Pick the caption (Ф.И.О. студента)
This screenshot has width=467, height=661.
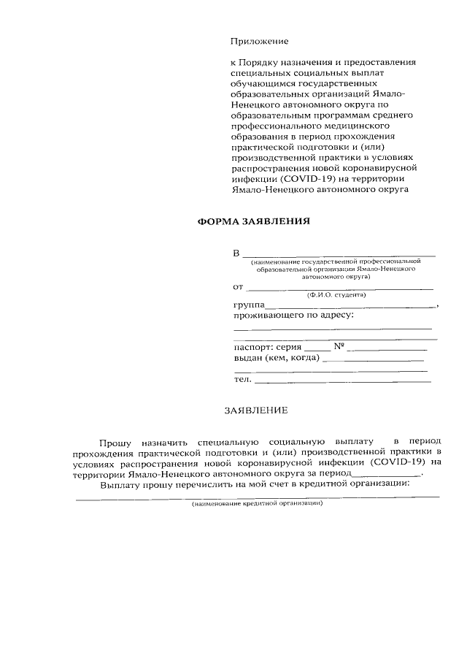pos(336,294)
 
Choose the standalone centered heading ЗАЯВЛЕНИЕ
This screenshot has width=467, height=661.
pos(255,410)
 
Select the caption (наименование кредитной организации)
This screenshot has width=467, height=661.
pos(256,504)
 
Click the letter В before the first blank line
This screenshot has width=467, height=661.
pos(236,253)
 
